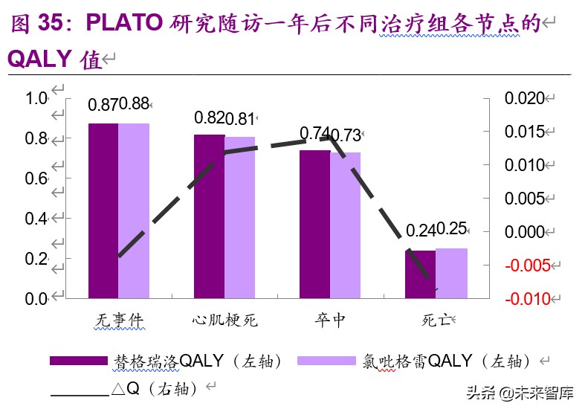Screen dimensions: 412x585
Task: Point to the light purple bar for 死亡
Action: (x=451, y=273)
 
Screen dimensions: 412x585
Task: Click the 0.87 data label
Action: (x=103, y=105)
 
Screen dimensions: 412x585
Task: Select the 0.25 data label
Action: (x=452, y=229)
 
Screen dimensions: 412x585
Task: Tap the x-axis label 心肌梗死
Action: (x=224, y=321)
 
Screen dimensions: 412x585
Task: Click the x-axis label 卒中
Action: (x=329, y=321)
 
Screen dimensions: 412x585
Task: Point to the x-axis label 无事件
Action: (x=119, y=321)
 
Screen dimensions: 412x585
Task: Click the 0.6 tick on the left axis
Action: (x=36, y=178)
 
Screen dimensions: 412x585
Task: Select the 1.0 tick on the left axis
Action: (x=36, y=98)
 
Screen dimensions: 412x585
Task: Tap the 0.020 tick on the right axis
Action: (x=524, y=98)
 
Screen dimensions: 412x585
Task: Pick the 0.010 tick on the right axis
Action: (x=524, y=165)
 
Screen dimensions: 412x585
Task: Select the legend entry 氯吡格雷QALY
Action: (x=417, y=361)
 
